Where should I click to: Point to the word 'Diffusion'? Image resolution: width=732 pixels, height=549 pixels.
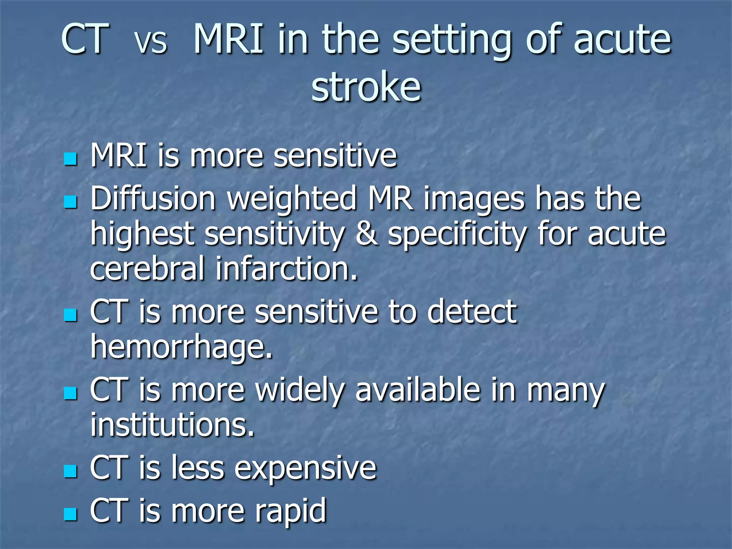pyautogui.click(x=153, y=199)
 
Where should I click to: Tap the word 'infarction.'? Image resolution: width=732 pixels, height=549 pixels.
pyautogui.click(x=286, y=269)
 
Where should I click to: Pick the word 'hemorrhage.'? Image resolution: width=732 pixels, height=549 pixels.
pyautogui.click(x=182, y=347)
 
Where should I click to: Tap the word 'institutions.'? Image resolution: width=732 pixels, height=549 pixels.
pyautogui.click(x=172, y=425)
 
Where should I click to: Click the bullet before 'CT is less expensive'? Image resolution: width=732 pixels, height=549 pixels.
pyautogui.click(x=70, y=471)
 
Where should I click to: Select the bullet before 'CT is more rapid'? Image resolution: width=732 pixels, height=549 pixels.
pyautogui.click(x=70, y=514)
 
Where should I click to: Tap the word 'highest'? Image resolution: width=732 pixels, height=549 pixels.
pyautogui.click(x=142, y=235)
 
